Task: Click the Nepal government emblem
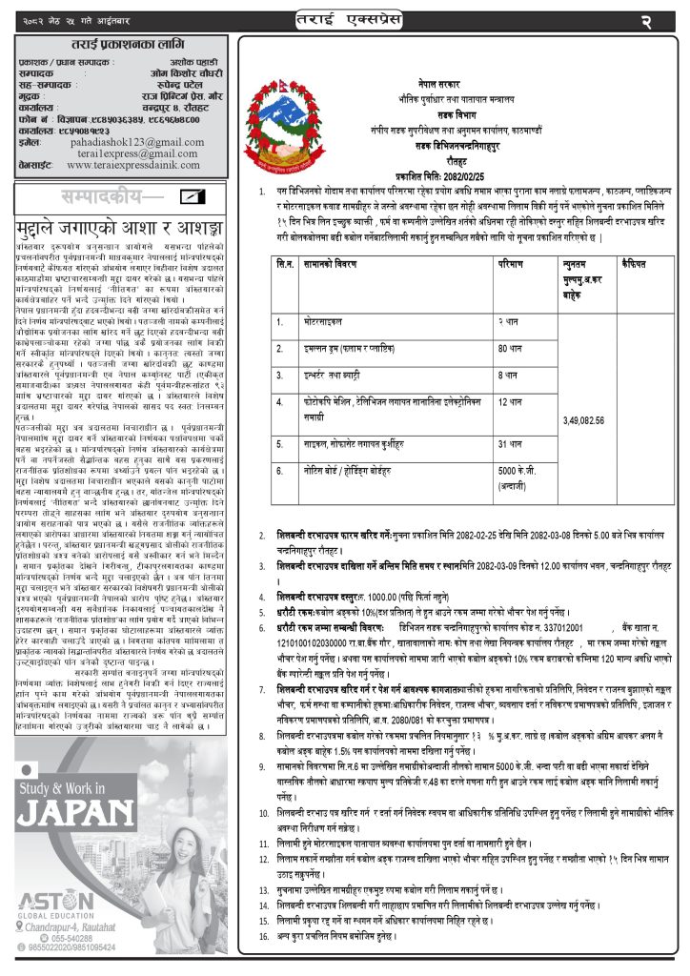[287, 114]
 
